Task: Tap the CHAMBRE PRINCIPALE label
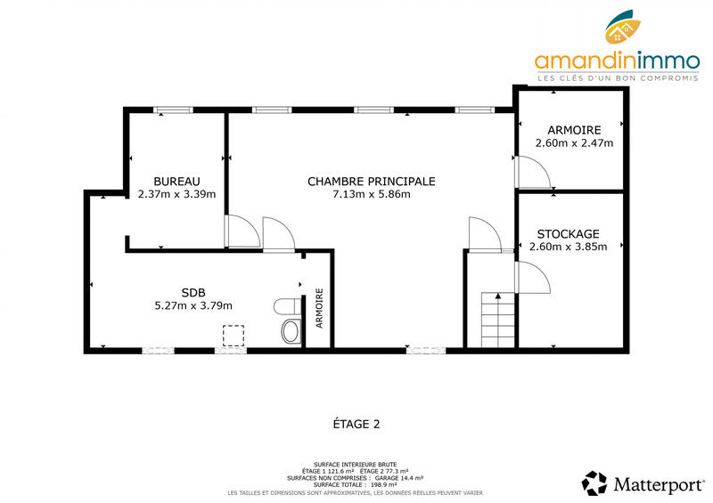[x=371, y=181]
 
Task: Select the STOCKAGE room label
[x=568, y=233]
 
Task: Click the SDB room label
[x=193, y=292]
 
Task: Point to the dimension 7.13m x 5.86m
[x=371, y=194]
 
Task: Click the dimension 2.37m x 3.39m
[x=176, y=194]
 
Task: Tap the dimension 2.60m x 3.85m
[x=568, y=247]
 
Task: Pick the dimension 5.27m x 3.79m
[x=193, y=305]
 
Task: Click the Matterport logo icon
[x=594, y=483]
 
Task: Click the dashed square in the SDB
[x=234, y=336]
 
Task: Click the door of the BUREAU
[x=242, y=231]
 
